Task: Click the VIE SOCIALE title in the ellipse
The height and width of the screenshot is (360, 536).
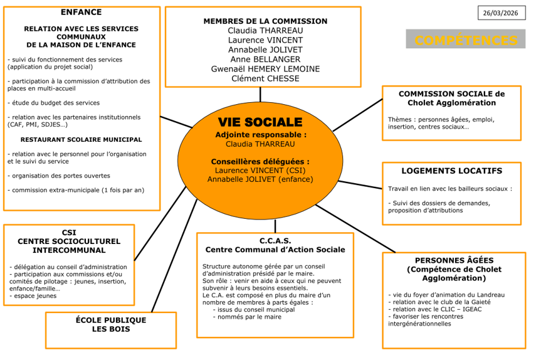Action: tap(260, 122)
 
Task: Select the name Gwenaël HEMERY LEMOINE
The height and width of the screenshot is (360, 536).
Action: tap(265, 69)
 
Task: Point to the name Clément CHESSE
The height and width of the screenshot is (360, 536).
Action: tap(265, 78)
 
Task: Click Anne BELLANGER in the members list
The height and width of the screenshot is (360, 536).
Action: tap(265, 60)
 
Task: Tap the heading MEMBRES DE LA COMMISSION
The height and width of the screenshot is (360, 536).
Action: tap(265, 21)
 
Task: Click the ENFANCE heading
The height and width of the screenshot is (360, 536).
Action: tap(81, 12)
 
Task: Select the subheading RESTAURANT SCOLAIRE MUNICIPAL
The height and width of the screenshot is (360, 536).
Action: tap(81, 139)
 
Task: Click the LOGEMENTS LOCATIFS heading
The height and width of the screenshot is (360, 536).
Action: tap(451, 171)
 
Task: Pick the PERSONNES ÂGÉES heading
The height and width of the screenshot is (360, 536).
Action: tap(454, 260)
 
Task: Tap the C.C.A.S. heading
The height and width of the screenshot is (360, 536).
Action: tap(275, 240)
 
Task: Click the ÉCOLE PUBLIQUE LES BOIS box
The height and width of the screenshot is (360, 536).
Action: tap(110, 324)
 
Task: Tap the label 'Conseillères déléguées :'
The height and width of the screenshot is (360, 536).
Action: tap(260, 161)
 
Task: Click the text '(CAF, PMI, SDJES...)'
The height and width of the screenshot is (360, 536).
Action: tap(38, 124)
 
